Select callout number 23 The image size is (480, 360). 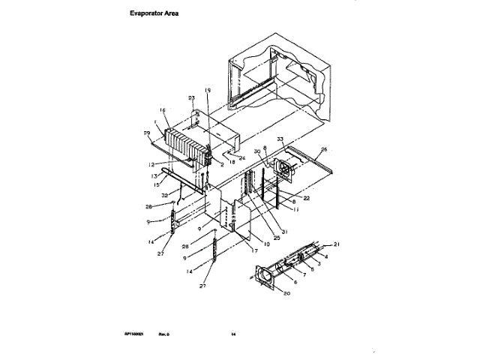coord(191,98)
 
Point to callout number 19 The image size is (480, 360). coord(208,91)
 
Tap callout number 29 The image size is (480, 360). coord(146,133)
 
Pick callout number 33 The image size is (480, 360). coord(280,139)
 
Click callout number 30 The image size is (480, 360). coord(256,151)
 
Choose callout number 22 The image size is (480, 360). coord(307,197)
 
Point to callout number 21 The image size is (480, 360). coord(337,245)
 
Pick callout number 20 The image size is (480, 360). coord(284,293)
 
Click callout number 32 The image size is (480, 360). coord(163,194)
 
